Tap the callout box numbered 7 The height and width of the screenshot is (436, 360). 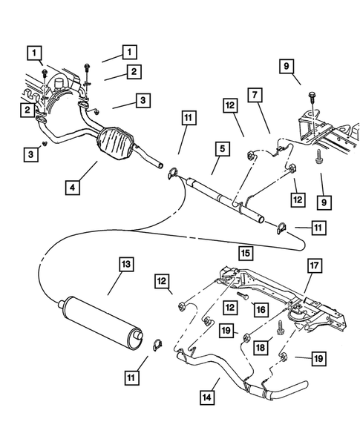pyautogui.click(x=254, y=95)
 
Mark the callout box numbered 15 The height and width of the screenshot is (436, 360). pyautogui.click(x=244, y=254)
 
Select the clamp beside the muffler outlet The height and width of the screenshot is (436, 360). pyautogui.click(x=158, y=343)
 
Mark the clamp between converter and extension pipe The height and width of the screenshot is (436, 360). pyautogui.click(x=173, y=174)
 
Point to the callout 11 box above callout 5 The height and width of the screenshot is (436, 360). pyautogui.click(x=189, y=117)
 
